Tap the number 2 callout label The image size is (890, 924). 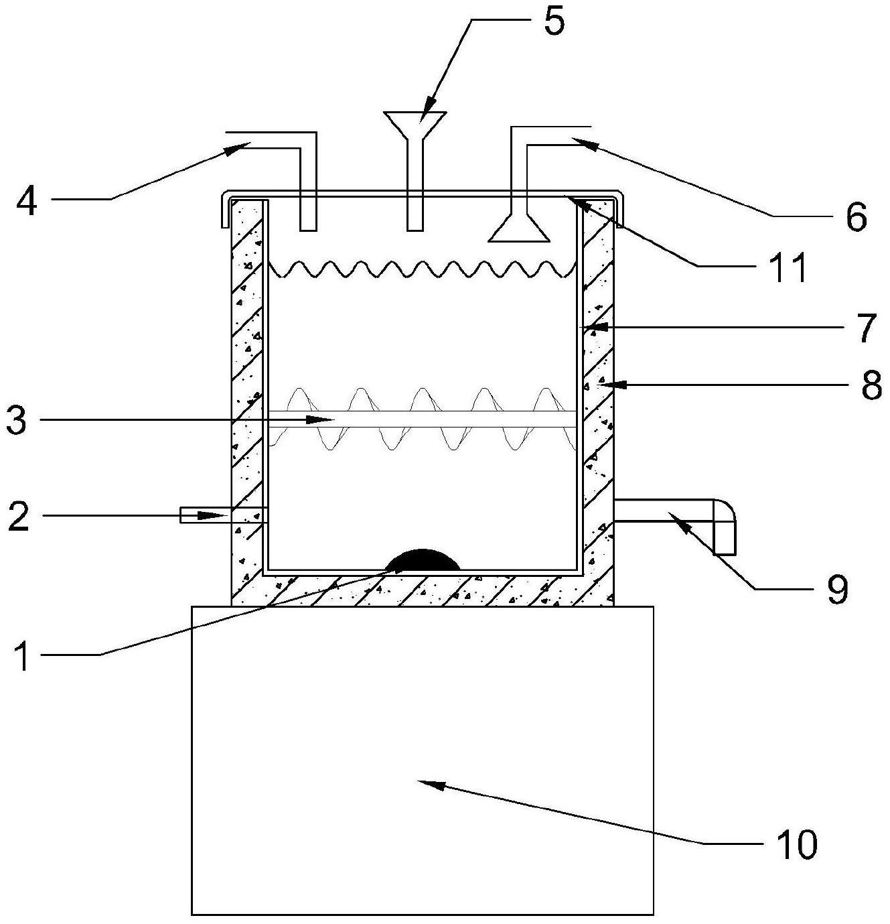(19, 516)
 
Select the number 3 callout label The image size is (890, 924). (17, 419)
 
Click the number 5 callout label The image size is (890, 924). (553, 21)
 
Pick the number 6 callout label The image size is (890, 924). (856, 216)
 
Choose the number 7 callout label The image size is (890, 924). (867, 328)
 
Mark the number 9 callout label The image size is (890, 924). (836, 589)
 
